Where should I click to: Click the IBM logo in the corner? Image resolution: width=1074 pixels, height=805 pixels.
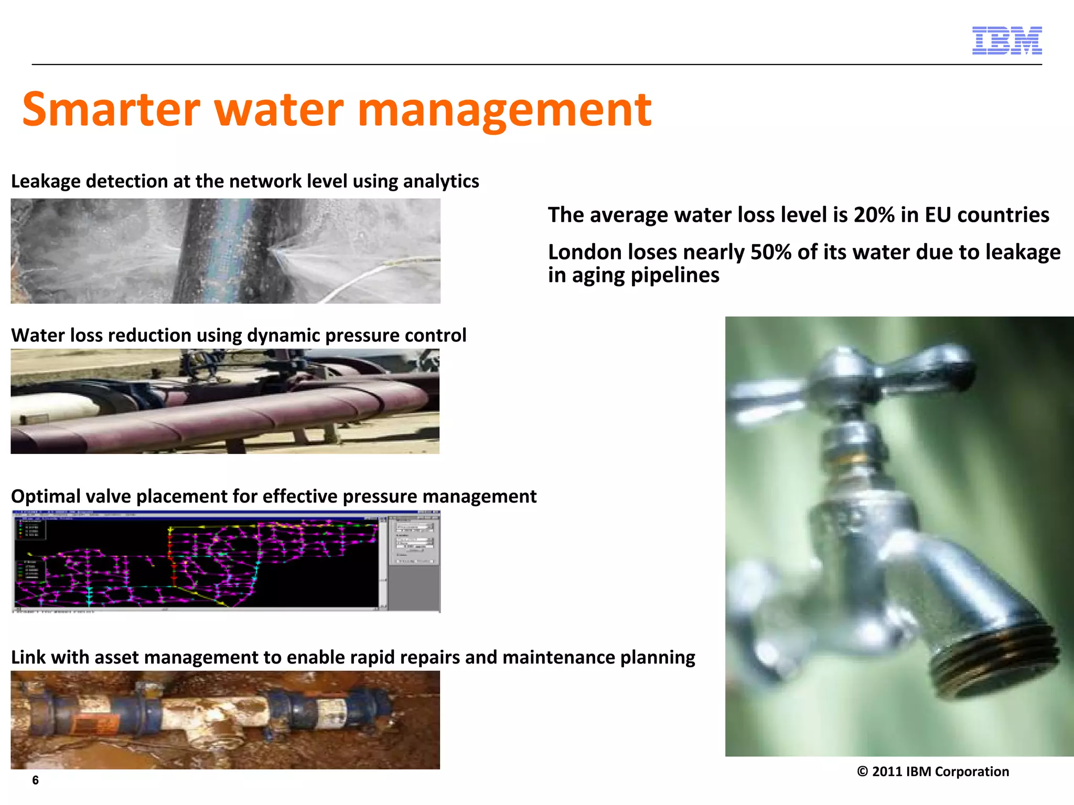click(x=1007, y=40)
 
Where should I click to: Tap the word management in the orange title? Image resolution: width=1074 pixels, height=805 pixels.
click(x=504, y=111)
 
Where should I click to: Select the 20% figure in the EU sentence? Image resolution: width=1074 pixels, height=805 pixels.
click(x=874, y=215)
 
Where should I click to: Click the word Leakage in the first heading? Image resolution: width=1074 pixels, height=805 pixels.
click(x=46, y=181)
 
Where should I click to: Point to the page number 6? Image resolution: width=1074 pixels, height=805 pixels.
click(x=35, y=780)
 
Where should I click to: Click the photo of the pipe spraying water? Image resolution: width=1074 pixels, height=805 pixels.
click(x=225, y=251)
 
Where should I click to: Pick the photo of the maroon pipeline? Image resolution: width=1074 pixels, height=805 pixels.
click(x=225, y=401)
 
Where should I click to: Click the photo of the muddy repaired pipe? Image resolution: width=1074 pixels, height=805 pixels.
click(x=225, y=720)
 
